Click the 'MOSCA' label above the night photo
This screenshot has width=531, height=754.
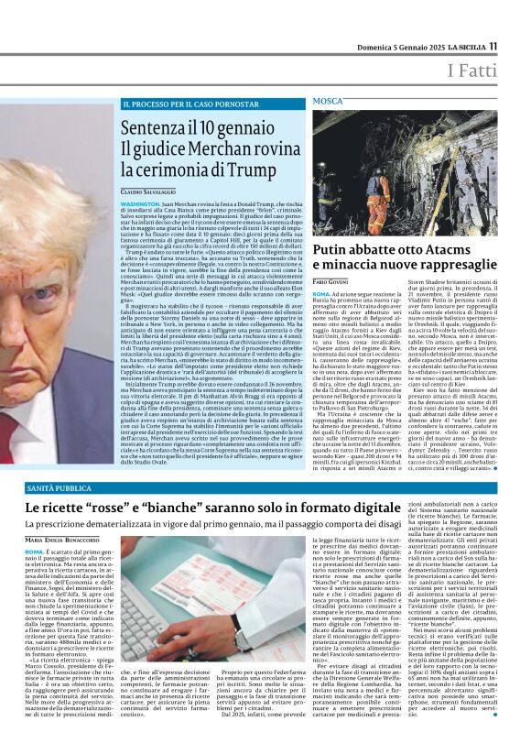click(328, 100)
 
